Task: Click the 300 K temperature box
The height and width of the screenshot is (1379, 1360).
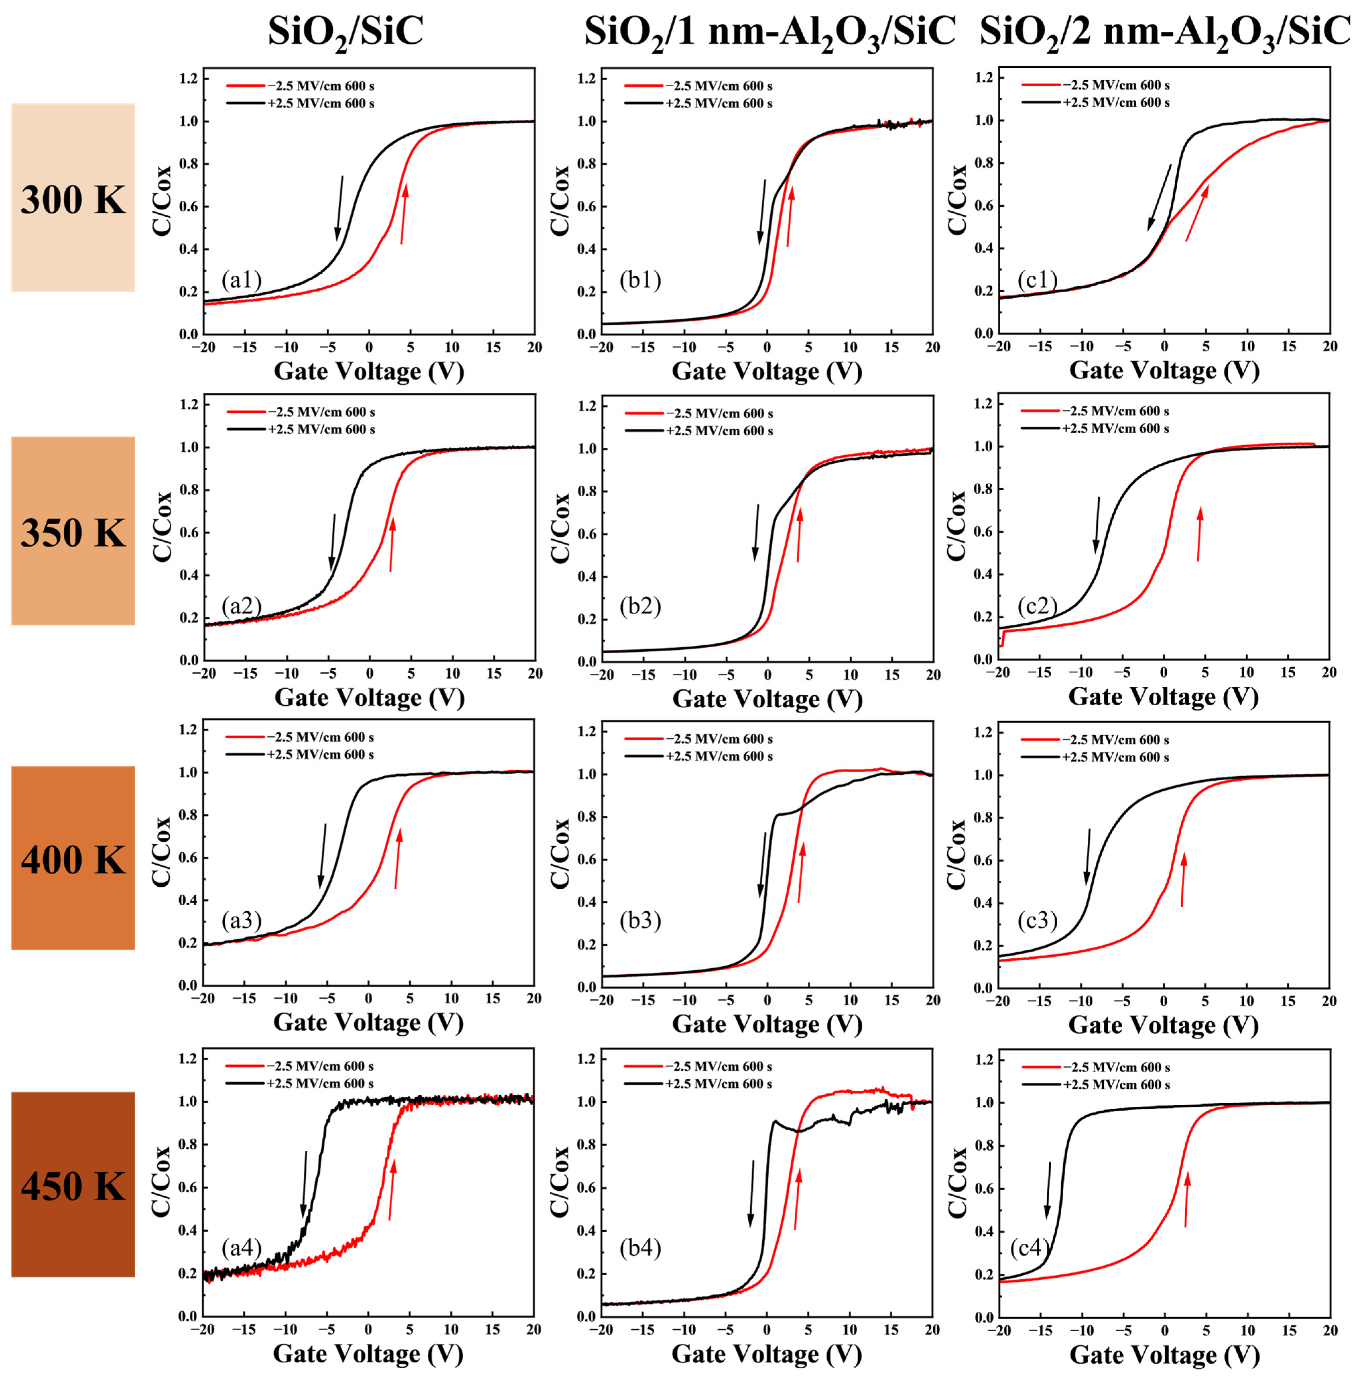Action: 73,198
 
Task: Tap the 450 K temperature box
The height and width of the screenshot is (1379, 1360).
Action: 73,1186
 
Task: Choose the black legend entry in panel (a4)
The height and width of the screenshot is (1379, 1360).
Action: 300,1083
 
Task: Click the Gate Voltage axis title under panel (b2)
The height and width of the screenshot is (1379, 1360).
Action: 767,698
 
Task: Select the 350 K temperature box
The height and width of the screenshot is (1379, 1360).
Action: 73,531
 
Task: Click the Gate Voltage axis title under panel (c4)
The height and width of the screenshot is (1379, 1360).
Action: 1164,1354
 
